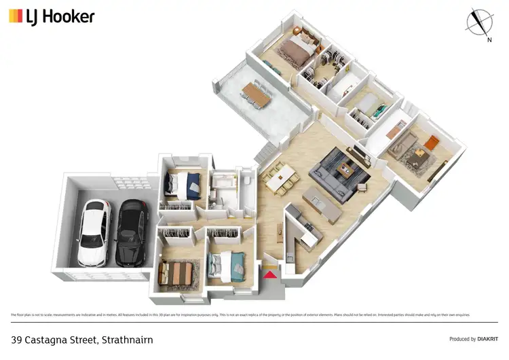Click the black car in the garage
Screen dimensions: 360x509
(x=130, y=233)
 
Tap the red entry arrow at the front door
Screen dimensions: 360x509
(x=269, y=274)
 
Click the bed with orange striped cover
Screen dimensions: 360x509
(x=178, y=273)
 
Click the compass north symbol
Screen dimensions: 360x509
(x=479, y=22)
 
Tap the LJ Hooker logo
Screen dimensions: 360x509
(x=52, y=16)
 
